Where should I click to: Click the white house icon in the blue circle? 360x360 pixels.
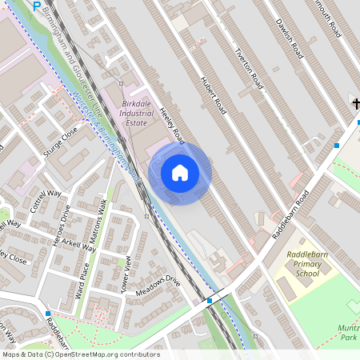point(180,173)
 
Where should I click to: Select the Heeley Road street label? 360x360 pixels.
point(172,125)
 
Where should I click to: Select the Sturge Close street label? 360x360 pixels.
point(61,138)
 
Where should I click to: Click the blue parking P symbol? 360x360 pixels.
point(37,6)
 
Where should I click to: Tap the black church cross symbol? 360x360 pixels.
point(354,103)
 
